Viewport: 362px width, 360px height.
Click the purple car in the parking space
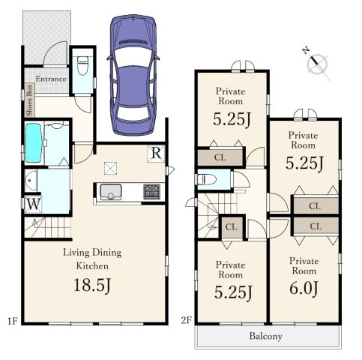pos(133,75)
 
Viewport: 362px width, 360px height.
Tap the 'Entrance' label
pos(51,79)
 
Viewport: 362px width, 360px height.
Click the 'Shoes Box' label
pos(29,100)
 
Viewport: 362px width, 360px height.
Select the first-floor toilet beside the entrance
pos(82,65)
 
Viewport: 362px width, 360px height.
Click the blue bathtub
pos(34,143)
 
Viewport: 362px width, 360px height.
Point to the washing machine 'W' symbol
pos(34,205)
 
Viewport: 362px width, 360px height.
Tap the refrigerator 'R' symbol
pos(156,153)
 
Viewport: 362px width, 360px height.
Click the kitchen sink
pos(110,192)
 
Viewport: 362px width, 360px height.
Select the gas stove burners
pos(151,192)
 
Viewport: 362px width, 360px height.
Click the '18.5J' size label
pos(92,285)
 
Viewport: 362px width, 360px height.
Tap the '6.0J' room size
pos(304,289)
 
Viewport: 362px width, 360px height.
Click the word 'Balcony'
pos(266,337)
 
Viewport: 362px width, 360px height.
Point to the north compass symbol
pos(317,64)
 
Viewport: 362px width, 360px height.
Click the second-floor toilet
pos(207,179)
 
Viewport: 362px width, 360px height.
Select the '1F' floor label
pos(12,321)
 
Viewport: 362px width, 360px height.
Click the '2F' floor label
pos(187,320)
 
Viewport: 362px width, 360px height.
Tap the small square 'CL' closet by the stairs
pos(232,227)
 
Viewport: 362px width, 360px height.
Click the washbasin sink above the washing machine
pos(31,181)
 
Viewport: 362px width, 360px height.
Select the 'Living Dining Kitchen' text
pos(92,259)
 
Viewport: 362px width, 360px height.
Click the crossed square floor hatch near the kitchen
pos(110,168)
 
